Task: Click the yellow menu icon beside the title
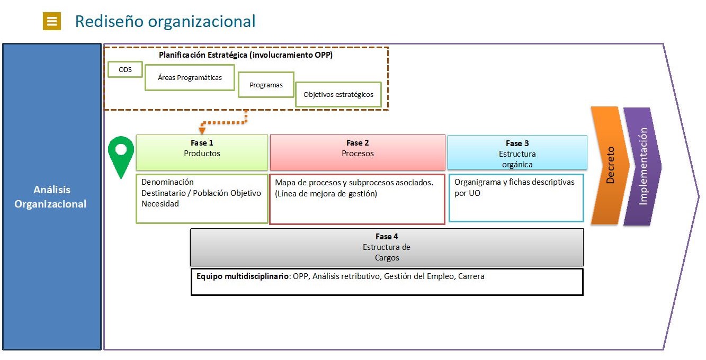pos(52,21)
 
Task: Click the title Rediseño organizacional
pos(165,21)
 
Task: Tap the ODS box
pos(125,69)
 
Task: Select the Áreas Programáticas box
pos(190,77)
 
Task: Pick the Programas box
pos(266,85)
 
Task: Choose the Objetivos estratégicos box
pos(338,95)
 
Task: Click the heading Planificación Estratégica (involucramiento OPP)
pos(246,55)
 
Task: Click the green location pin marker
pos(121,154)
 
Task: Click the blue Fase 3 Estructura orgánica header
pos(517,152)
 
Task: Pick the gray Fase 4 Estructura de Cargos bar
pos(387,247)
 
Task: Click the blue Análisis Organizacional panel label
pos(51,196)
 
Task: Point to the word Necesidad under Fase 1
pos(160,204)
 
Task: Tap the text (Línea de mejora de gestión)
pos(326,194)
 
